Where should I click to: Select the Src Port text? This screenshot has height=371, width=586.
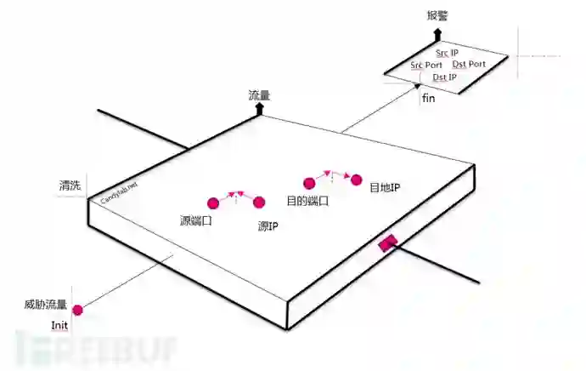426,65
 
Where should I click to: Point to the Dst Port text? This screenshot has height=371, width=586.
469,64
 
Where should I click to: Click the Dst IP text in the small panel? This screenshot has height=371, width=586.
444,77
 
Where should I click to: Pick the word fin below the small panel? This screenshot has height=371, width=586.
429,98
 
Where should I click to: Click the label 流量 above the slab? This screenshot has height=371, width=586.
258,95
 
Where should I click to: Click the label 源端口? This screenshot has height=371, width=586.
196,220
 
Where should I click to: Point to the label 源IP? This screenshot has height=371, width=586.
268,227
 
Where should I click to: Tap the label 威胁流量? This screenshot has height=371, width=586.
46,305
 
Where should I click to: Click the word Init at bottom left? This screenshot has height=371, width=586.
59,324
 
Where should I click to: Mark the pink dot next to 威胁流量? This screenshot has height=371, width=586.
77,311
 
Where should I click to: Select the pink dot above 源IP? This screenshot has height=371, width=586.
260,202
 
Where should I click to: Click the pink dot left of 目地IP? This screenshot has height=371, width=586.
357,180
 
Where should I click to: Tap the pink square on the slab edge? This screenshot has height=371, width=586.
387,243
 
